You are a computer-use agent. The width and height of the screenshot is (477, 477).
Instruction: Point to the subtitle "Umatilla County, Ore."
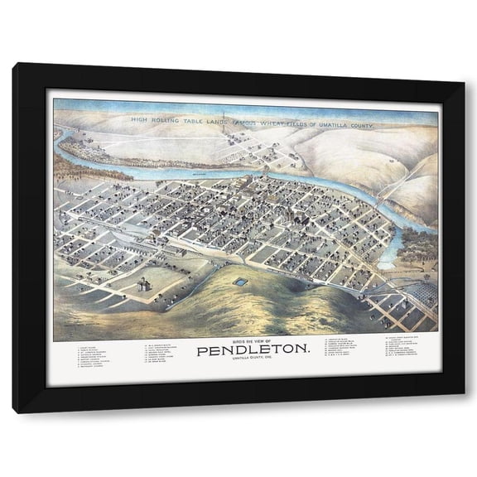(x=243, y=362)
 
